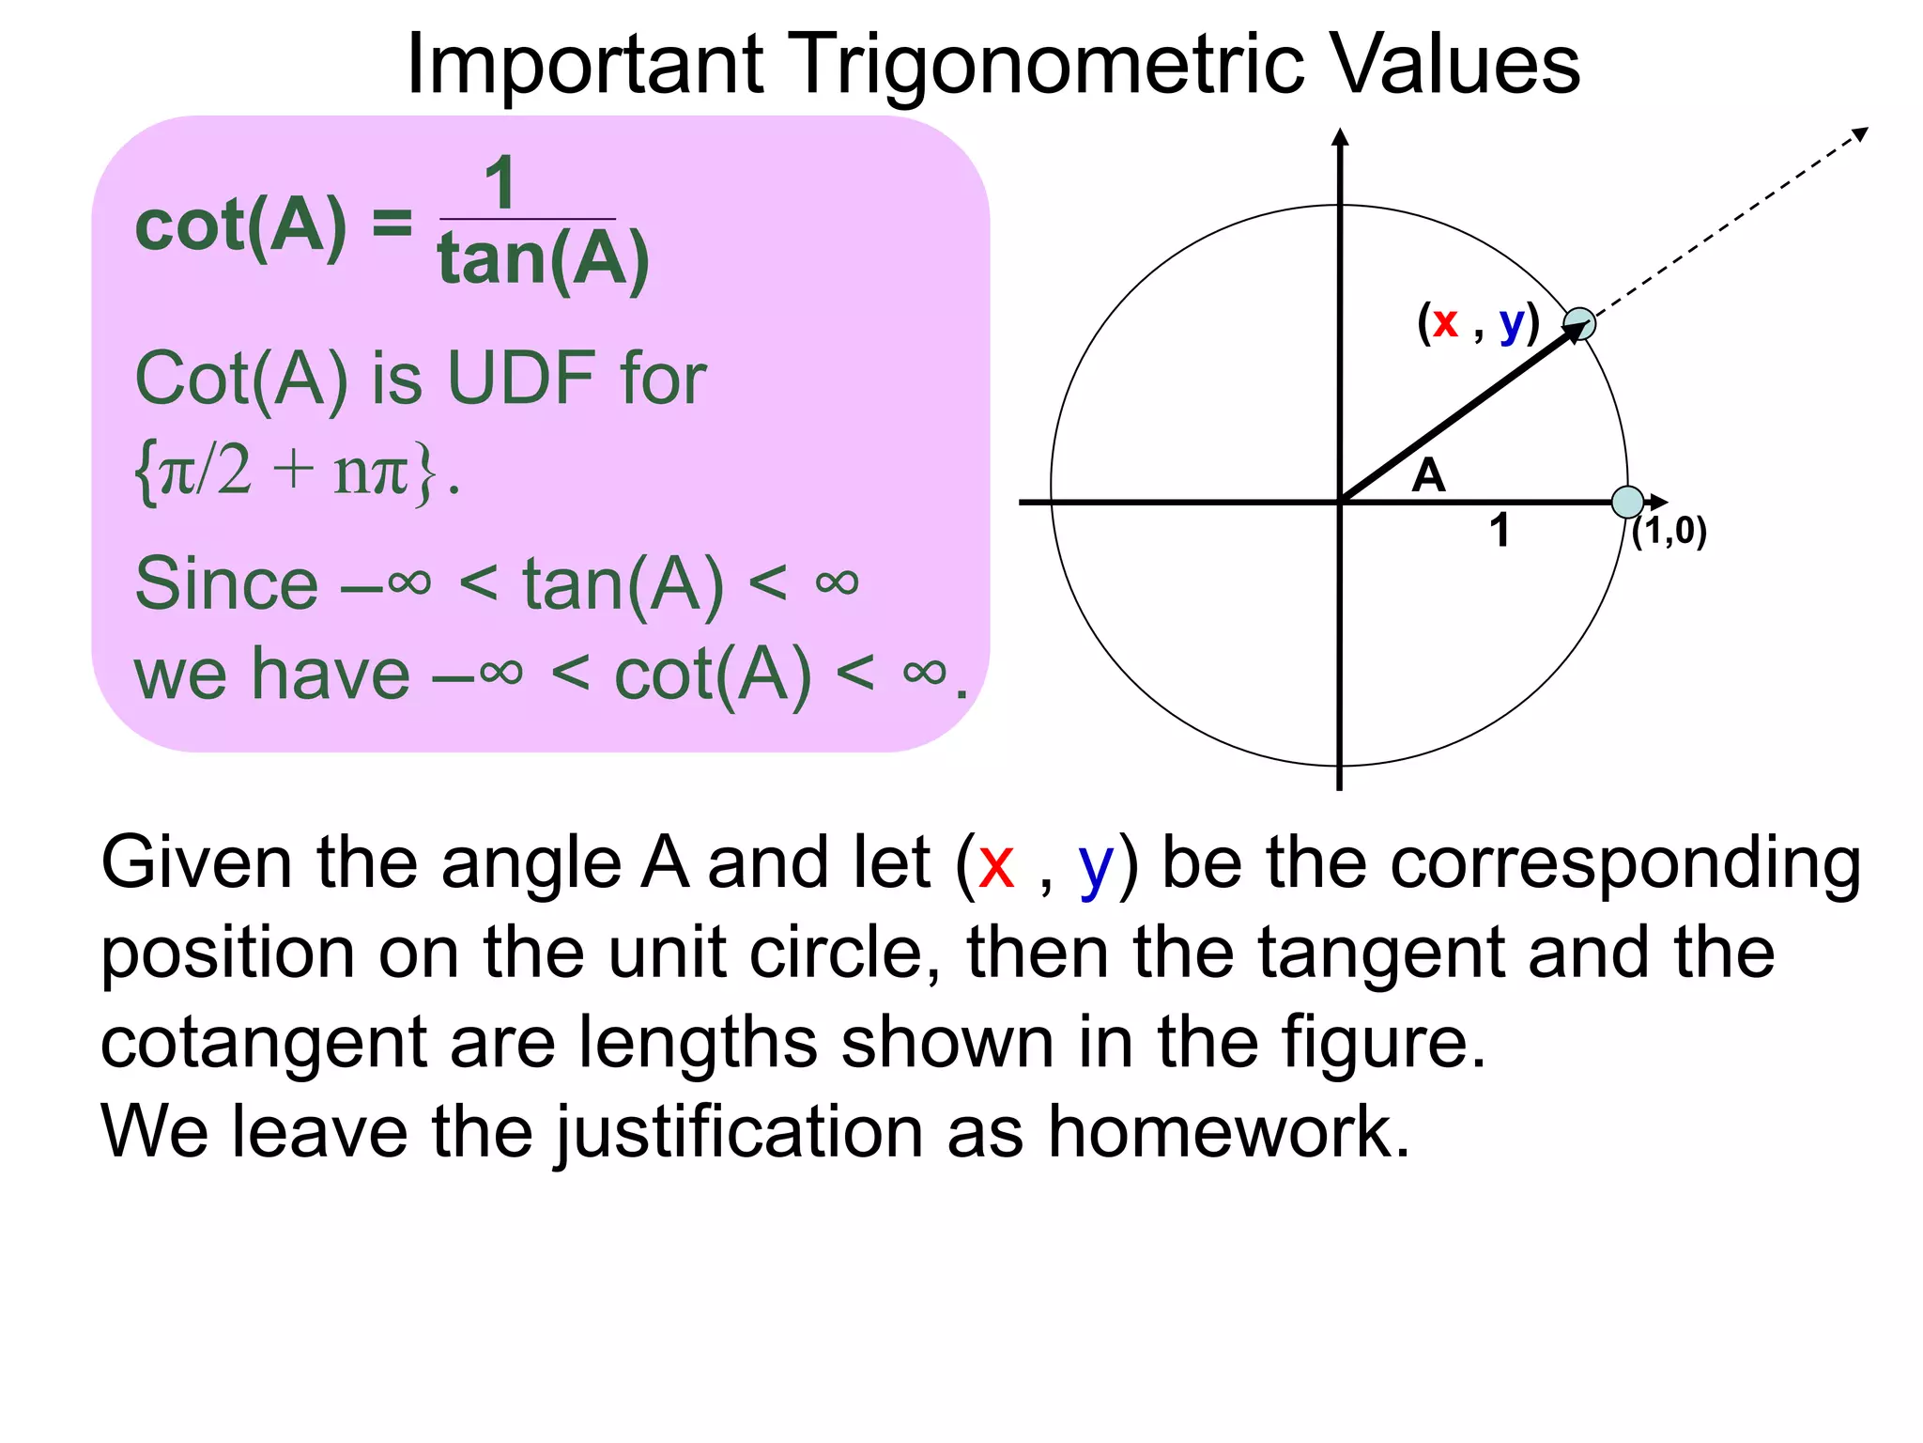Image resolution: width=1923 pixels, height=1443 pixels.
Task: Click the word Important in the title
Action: tap(584, 66)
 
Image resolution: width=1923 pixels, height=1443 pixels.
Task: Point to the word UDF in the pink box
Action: tap(521, 379)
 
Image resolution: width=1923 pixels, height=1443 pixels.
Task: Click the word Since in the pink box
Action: tap(226, 583)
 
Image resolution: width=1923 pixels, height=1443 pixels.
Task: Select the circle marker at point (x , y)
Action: tap(1579, 324)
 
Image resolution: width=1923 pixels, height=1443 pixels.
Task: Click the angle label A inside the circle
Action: tap(1428, 475)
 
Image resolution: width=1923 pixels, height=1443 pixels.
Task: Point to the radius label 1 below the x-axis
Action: tap(1500, 531)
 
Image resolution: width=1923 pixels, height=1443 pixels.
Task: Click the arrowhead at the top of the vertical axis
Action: tap(1340, 137)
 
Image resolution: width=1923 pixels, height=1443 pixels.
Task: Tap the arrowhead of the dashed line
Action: tap(1859, 134)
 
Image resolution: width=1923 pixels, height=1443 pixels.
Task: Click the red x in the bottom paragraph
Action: tap(995, 864)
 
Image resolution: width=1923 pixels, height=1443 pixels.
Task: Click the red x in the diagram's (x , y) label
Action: tap(1445, 323)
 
